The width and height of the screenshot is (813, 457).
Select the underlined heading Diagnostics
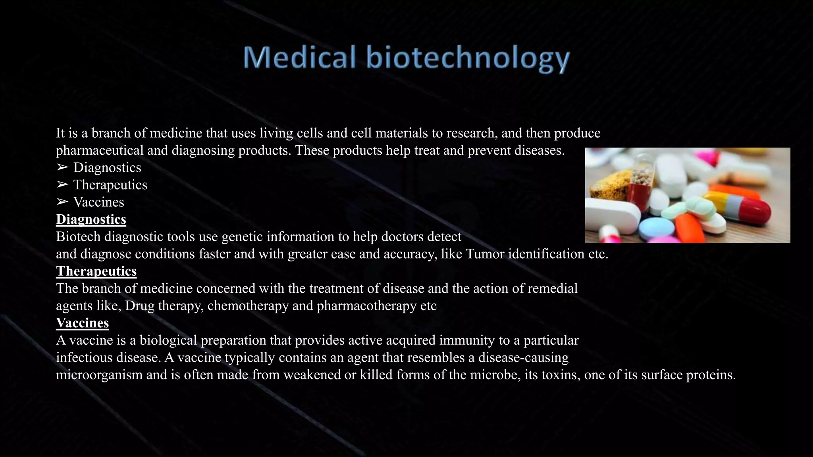point(91,219)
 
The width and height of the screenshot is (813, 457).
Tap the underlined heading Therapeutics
point(96,271)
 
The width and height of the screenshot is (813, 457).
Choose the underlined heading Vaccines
point(82,323)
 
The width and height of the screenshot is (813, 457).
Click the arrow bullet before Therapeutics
point(62,185)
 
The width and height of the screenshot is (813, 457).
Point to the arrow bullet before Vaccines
point(62,202)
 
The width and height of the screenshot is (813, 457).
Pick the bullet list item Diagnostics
point(107,167)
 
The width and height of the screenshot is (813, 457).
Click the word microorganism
point(99,375)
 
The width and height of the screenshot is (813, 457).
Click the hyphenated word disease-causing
point(523,357)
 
